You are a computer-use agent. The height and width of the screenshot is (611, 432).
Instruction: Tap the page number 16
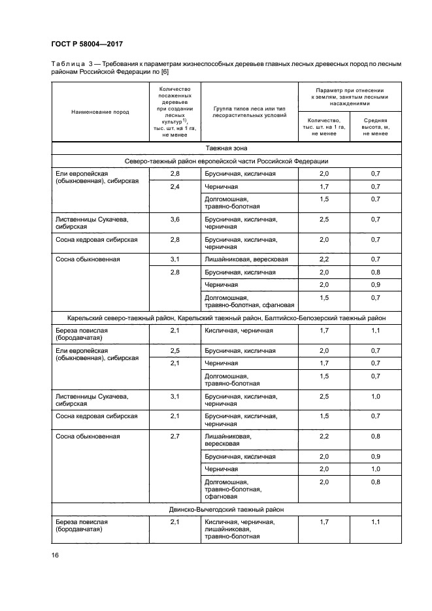[x=55, y=555]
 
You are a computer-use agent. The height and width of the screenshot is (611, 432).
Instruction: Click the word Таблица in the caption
[x=67, y=63]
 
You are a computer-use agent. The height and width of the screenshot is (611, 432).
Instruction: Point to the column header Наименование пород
[x=100, y=112]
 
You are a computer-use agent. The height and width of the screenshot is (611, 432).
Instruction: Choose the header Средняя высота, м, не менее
[x=375, y=127]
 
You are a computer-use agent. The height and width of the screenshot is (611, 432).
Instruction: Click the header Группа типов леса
[x=249, y=111]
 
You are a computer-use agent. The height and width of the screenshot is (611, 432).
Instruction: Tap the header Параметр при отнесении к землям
[x=350, y=95]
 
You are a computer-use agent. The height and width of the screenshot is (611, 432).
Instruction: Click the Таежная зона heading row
[x=226, y=148]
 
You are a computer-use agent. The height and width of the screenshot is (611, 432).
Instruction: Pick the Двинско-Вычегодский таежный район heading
[x=226, y=509]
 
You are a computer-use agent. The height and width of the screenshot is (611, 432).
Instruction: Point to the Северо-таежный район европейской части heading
[x=226, y=161]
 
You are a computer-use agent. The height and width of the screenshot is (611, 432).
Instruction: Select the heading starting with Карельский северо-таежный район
[x=226, y=318]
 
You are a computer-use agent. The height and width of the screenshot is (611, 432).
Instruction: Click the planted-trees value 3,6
[x=174, y=220]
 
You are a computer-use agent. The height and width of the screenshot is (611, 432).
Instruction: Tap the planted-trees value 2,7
[x=174, y=435]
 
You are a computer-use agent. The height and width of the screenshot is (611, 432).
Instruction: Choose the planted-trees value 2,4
[x=174, y=187]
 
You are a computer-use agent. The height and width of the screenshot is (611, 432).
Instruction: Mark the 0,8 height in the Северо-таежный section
[x=375, y=272]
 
